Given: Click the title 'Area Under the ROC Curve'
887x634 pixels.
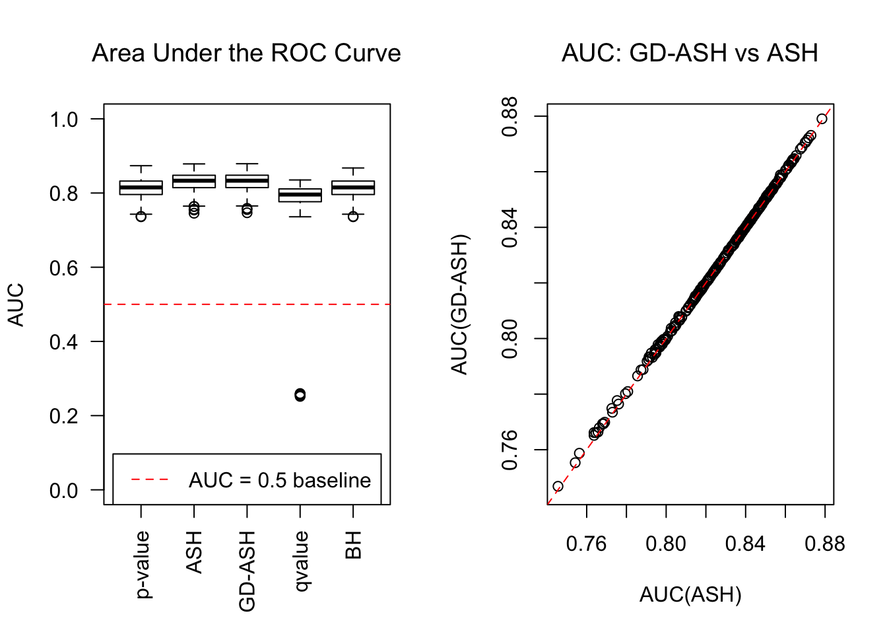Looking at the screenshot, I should (x=246, y=53).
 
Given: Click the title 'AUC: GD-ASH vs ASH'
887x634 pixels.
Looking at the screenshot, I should (x=690, y=53).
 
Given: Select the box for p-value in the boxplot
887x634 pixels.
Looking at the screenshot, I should (x=141, y=188).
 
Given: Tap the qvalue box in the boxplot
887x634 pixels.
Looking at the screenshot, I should (x=300, y=195).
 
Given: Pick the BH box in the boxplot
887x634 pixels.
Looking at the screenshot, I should (x=353, y=188).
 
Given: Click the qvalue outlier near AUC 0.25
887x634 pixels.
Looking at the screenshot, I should (x=300, y=395).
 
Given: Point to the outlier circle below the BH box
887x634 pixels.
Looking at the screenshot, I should (x=353, y=217).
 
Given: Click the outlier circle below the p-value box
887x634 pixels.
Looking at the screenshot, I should (x=141, y=217).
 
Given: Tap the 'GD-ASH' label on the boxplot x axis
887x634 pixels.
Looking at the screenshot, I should (x=247, y=572).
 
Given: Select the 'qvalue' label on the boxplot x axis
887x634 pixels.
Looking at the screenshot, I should (x=301, y=562).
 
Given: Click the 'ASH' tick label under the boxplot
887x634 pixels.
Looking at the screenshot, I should (x=194, y=552).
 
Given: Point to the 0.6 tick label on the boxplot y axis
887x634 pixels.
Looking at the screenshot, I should (x=63, y=267).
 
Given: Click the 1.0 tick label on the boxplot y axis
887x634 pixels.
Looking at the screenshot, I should (x=63, y=120).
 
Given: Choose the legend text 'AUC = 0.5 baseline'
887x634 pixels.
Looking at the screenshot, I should (x=280, y=480).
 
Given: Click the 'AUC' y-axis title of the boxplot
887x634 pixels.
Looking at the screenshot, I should (x=16, y=304).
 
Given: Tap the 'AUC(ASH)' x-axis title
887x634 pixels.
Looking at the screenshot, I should (x=690, y=595).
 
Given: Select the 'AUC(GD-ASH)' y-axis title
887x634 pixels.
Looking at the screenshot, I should (x=459, y=304).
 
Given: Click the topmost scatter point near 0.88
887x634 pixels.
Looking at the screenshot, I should (x=822, y=120).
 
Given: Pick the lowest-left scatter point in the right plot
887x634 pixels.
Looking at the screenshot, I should (x=558, y=487).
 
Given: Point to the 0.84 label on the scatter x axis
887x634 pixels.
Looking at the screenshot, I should (x=745, y=544).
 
